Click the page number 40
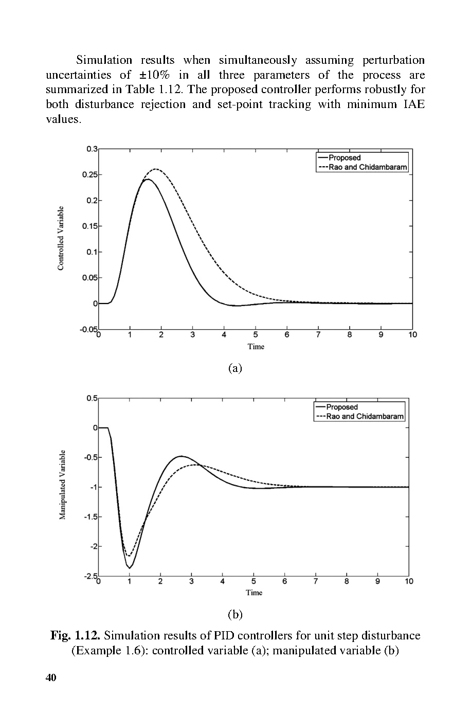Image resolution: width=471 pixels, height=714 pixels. tap(50, 677)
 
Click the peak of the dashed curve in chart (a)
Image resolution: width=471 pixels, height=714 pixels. tap(155, 169)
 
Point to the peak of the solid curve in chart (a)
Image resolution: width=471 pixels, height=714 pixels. tap(148, 180)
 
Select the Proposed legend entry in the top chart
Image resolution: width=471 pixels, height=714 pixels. tap(345, 158)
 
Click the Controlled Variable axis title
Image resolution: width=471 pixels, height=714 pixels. tap(61, 238)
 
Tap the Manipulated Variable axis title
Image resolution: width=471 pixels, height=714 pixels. tap(62, 485)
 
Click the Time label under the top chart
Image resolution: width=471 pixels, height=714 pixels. tap(256, 346)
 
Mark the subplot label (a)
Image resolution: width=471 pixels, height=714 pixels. tap(235, 368)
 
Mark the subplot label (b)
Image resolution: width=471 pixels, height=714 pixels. tap(235, 614)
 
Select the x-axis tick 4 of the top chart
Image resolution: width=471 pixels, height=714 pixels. tap(224, 335)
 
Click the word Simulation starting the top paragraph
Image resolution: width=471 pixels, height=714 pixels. tap(104, 60)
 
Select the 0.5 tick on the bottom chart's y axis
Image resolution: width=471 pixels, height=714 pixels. tap(92, 398)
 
